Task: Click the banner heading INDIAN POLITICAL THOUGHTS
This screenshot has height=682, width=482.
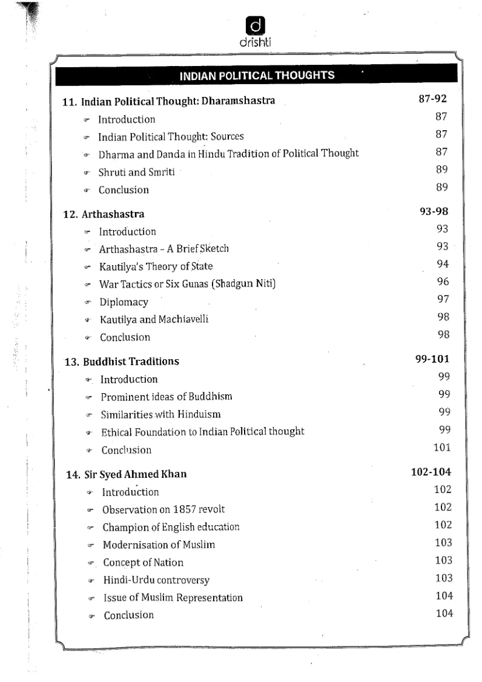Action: (257, 76)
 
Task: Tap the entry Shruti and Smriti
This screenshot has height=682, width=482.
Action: (137, 172)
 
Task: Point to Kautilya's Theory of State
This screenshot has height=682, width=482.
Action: (156, 266)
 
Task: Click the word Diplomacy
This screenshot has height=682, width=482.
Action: (124, 302)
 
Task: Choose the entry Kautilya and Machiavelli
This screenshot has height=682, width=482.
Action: (154, 319)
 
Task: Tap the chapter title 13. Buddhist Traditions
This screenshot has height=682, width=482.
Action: (122, 362)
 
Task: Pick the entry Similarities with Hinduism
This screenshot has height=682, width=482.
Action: (160, 414)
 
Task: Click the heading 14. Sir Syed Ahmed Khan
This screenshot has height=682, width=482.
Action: (127, 474)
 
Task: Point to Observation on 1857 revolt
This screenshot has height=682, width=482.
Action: (163, 509)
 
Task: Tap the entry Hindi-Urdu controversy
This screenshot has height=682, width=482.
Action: (156, 580)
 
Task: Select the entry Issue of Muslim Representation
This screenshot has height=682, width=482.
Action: (173, 598)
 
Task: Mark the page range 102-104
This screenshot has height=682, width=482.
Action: (431, 472)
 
